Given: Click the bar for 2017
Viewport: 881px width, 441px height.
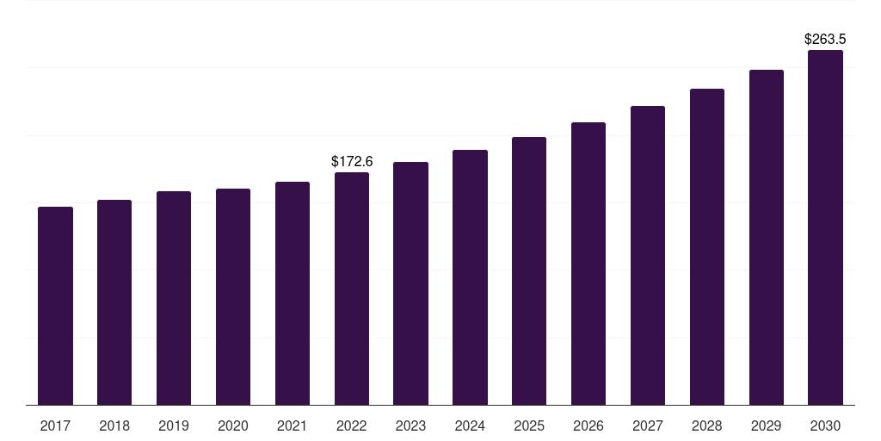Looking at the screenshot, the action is (x=55, y=306).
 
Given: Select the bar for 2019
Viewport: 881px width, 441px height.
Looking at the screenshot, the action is (x=174, y=298).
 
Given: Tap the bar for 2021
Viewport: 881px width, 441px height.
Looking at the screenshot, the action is (x=293, y=294).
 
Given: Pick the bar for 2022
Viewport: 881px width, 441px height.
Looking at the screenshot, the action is (x=352, y=289).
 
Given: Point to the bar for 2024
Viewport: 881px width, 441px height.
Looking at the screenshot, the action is (x=471, y=277).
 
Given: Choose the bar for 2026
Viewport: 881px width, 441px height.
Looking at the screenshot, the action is (x=588, y=264).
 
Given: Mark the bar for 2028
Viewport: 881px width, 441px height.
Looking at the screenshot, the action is (x=707, y=247).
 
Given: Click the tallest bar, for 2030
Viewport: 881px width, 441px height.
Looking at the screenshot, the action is (x=825, y=227).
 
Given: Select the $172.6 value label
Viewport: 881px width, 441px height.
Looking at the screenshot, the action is (x=352, y=161).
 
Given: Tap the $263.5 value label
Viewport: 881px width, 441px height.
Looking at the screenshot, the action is (x=825, y=39).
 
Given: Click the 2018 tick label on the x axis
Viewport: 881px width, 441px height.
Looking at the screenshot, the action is (x=114, y=426).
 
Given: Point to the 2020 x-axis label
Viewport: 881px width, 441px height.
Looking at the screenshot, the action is (x=233, y=426).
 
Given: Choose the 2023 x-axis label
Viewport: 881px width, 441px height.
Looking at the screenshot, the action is (x=410, y=426).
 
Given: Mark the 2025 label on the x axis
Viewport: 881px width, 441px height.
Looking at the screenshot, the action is (x=529, y=426).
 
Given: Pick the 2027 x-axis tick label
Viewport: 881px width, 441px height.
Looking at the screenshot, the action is (x=648, y=426).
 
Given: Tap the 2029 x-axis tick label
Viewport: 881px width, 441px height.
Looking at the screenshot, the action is (x=767, y=426).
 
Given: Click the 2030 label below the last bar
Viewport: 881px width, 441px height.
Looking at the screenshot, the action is (x=825, y=426).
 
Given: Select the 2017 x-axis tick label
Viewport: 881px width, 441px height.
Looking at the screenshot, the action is (x=55, y=426).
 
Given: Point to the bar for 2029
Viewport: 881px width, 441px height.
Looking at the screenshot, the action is (x=767, y=238).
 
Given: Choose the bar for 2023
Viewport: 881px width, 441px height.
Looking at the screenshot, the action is (x=410, y=283).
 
